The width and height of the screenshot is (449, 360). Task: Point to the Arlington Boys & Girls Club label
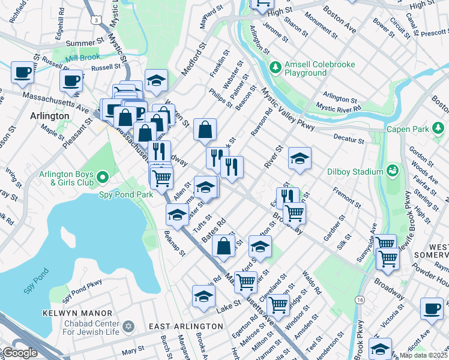[66, 178]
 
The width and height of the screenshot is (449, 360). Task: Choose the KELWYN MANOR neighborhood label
[77, 313]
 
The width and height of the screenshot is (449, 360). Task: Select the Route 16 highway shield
[360, 299]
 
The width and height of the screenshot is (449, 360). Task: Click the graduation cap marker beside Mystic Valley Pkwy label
[300, 159]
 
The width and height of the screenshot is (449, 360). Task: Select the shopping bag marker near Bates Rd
[223, 246]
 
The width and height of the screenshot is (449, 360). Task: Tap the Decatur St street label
[349, 140]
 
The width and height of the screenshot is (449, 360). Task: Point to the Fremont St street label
[347, 198]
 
